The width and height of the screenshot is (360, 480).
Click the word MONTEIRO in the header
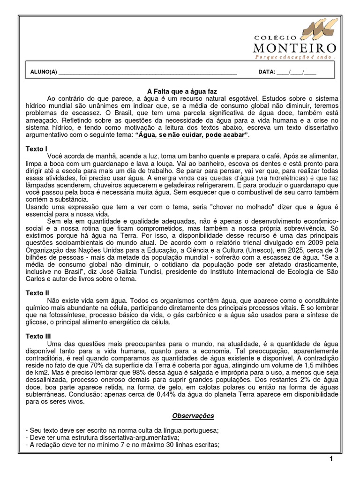[294, 48]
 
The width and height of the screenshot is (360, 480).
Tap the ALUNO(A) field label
[43, 72]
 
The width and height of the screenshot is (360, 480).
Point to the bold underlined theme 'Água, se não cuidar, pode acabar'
[191, 135]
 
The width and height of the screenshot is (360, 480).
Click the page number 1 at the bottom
[331, 459]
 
